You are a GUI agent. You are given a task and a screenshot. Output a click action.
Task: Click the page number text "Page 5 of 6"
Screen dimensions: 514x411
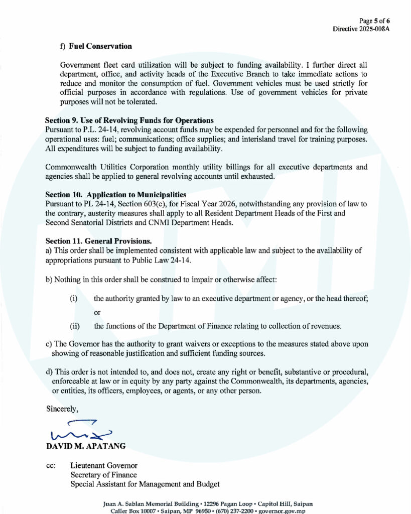pyautogui.click(x=375, y=21)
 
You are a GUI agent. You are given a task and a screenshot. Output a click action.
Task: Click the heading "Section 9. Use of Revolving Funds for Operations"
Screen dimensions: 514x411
pyautogui.click(x=129, y=120)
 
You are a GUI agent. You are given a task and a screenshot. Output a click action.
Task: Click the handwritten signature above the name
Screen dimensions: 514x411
pyautogui.click(x=80, y=431)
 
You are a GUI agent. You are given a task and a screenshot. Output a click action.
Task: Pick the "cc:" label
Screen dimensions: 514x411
pyautogui.click(x=51, y=466)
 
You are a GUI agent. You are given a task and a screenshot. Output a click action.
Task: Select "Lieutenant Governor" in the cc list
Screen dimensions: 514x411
pyautogui.click(x=103, y=466)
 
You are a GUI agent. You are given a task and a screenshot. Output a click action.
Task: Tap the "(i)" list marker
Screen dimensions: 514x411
pyautogui.click(x=73, y=299)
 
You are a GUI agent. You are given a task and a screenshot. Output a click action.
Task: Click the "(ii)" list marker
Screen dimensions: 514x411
pyautogui.click(x=75, y=326)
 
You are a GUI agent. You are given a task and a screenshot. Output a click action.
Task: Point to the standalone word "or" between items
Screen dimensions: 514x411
pyautogui.click(x=97, y=312)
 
